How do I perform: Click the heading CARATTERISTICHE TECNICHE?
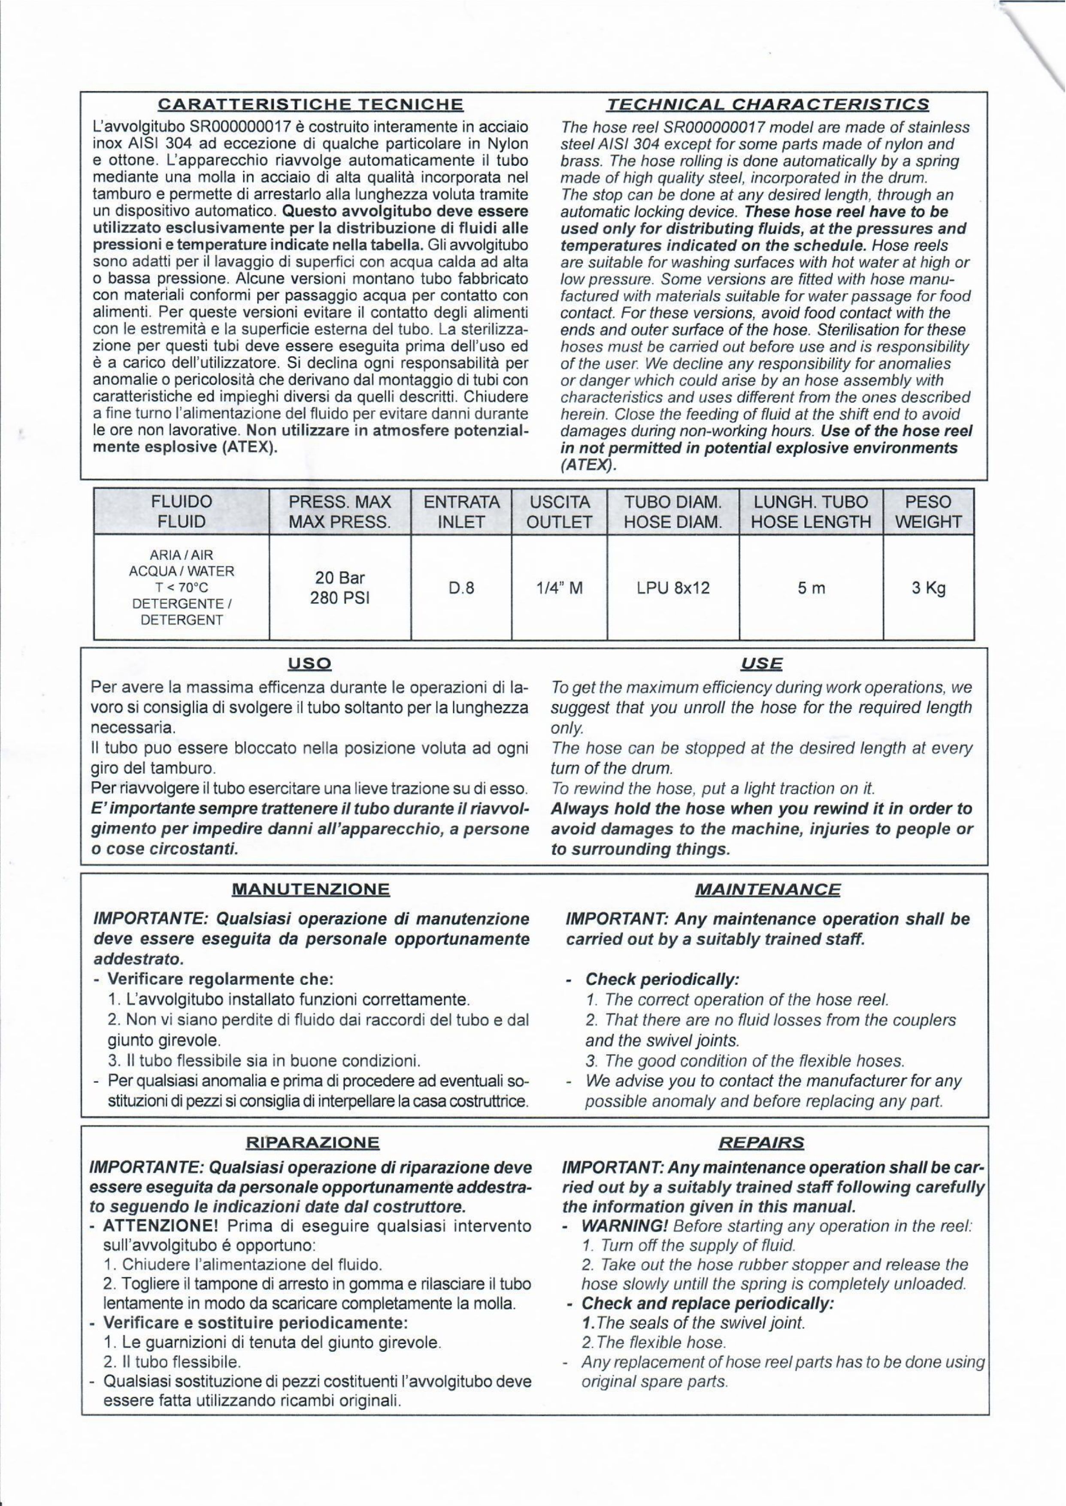312,104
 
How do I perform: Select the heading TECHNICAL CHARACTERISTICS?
767,104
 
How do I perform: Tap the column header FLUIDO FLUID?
182,512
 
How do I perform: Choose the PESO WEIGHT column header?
928,512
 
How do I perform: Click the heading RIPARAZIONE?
312,1143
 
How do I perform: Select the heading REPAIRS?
761,1143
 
